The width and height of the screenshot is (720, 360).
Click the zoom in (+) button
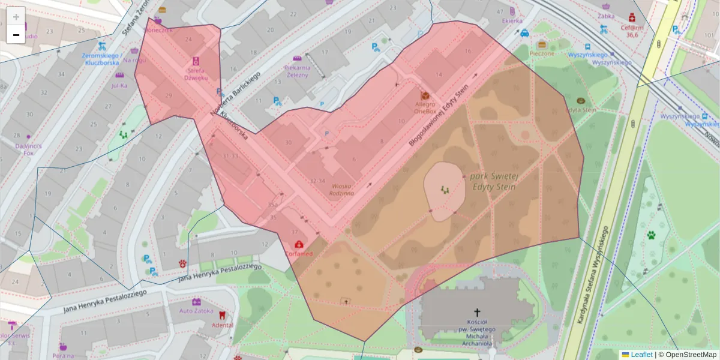pos(16,16)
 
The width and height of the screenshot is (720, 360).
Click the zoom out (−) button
pos(16,35)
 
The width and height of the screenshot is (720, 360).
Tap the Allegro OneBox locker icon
pos(425,96)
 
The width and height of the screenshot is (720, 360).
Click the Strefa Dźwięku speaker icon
pos(196,61)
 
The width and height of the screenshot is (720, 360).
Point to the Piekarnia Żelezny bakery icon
pos(296,59)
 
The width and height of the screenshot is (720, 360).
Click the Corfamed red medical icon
pos(299,244)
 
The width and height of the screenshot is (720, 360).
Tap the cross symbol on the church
pos(478,312)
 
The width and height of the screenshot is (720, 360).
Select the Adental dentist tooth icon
pos(221,314)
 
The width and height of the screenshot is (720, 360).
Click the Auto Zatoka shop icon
pos(196,302)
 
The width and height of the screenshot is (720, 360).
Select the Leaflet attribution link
pos(641,355)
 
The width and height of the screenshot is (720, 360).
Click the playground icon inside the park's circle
pos(445,190)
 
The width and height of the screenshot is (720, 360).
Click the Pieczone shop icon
pos(542,44)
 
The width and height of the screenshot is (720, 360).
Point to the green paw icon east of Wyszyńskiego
pos(651,235)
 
